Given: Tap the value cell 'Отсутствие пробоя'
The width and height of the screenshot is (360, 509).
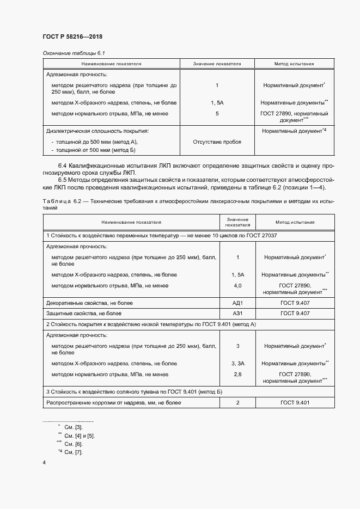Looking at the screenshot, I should tap(217, 142).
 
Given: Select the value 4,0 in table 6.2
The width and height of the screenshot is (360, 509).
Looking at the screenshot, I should tap(237, 285).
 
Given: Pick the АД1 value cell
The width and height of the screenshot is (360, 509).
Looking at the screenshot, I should tap(237, 303).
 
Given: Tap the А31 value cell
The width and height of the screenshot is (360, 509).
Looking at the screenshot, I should tap(237, 314).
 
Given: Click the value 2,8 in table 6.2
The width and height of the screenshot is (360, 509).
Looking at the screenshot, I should tap(237, 374).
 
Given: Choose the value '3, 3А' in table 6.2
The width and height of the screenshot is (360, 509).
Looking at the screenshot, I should tap(237, 363).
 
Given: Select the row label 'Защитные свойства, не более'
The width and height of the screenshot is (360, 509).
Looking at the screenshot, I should tap(84, 314).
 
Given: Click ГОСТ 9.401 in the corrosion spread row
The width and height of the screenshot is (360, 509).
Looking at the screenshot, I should tap(295, 403).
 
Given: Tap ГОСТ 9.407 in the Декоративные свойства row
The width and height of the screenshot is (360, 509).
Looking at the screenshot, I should tap(295, 303).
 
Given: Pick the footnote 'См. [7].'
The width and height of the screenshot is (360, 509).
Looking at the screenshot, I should tap(73, 452).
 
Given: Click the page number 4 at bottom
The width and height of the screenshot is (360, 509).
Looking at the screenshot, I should tap(44, 463).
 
